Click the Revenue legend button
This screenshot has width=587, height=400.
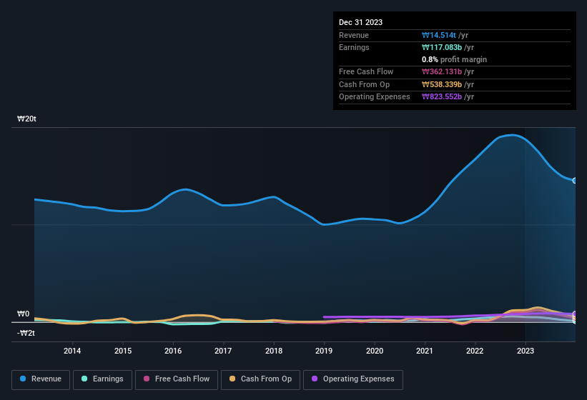tap(41, 379)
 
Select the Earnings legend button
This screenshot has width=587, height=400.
tap(102, 379)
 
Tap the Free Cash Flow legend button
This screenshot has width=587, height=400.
tap(175, 379)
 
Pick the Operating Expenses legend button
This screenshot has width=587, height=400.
tap(353, 379)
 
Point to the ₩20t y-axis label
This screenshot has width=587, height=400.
tap(26, 119)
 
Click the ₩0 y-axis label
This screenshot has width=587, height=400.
tap(23, 314)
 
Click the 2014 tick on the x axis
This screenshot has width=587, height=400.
tap(71, 351)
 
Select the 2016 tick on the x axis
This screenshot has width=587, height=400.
tap(172, 351)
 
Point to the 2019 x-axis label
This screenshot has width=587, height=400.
tap(323, 351)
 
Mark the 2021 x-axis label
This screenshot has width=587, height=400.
tap(424, 351)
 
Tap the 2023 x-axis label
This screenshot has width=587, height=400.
tap(525, 351)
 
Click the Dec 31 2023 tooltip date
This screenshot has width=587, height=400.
tap(360, 22)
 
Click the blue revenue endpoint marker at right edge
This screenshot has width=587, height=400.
tap(574, 180)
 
